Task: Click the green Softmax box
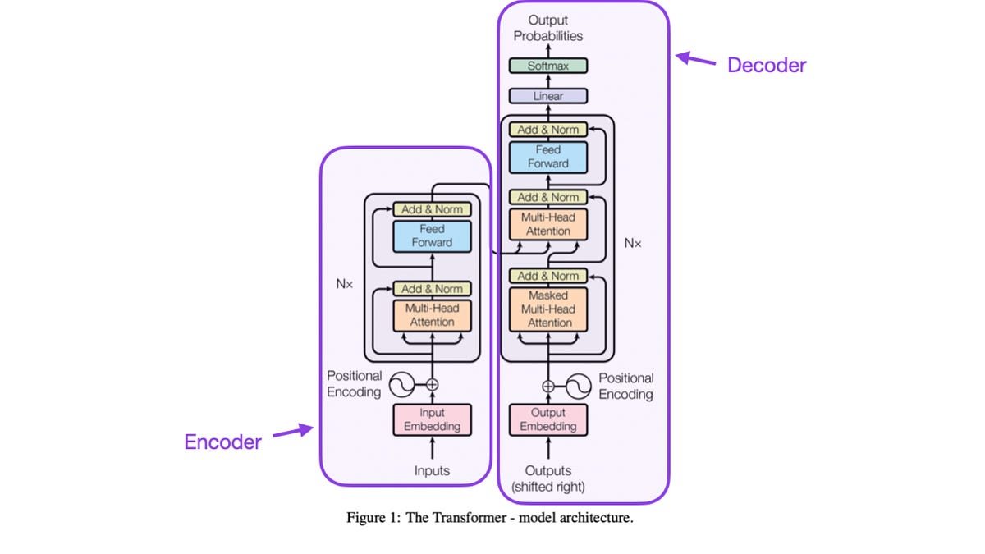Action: [x=548, y=66]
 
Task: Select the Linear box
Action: [x=548, y=96]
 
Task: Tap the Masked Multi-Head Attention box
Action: [x=548, y=309]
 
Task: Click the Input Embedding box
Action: [x=432, y=420]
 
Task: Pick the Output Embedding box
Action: [x=548, y=420]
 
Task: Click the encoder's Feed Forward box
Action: [x=432, y=236]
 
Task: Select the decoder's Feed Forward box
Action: [x=548, y=157]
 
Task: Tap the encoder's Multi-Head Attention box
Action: [x=432, y=315]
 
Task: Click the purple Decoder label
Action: [x=767, y=66]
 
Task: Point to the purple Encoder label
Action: [x=222, y=442]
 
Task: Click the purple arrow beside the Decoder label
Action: [x=695, y=59]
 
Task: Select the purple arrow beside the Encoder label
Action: [x=293, y=430]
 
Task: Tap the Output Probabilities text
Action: [x=548, y=28]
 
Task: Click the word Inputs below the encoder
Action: [x=432, y=471]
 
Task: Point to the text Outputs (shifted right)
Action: [x=548, y=478]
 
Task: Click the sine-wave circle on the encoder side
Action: [x=401, y=385]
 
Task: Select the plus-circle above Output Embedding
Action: [x=548, y=387]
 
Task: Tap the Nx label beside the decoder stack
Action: [x=633, y=243]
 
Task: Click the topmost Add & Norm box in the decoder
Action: [x=548, y=130]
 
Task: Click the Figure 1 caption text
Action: [x=490, y=518]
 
